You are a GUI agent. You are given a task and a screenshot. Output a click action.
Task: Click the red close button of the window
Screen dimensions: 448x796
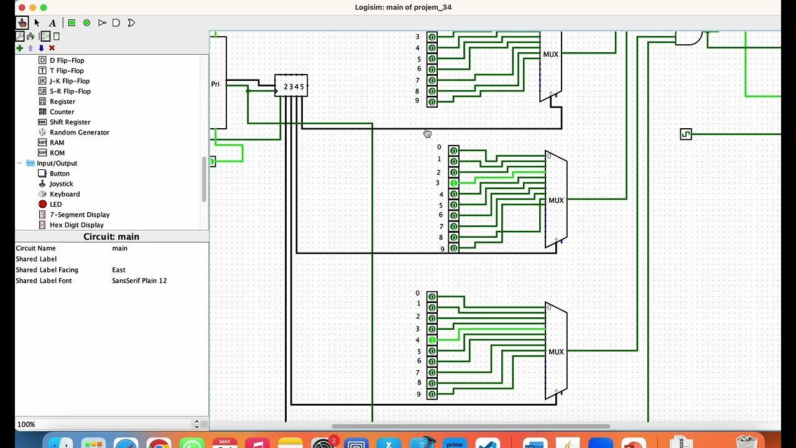pos(21,7)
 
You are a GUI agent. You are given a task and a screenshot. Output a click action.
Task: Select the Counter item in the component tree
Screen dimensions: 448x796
pos(62,112)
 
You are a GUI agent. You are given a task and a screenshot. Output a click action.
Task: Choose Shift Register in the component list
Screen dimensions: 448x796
pos(70,122)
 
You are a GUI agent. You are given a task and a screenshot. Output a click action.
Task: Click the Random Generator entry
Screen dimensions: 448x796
pos(79,133)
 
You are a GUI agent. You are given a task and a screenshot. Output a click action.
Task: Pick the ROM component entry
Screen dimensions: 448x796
pos(57,153)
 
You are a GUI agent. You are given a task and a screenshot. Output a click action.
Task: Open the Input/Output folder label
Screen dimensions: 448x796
pos(57,163)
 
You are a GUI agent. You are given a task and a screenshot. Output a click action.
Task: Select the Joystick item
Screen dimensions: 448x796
pos(61,184)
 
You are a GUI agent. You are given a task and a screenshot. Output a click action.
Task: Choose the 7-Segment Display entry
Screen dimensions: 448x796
pos(80,215)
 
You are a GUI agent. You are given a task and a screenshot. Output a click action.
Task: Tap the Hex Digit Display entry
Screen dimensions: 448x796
pos(76,225)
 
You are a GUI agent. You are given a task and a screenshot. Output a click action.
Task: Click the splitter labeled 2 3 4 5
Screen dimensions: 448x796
pos(292,86)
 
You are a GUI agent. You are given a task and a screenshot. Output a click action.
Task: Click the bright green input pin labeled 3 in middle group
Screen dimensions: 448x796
pos(454,183)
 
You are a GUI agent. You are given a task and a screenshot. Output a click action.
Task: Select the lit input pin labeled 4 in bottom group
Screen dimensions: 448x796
pos(432,340)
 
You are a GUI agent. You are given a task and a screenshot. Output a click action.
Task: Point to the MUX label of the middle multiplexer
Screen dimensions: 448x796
pos(556,200)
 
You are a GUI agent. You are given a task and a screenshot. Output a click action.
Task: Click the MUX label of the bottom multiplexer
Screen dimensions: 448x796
pos(556,352)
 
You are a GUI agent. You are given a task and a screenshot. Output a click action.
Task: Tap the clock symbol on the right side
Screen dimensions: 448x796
pos(686,134)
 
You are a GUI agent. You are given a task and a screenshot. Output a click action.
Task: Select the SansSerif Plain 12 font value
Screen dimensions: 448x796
pos(139,281)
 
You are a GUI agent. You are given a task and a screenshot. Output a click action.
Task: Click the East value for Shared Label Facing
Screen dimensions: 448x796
pos(119,270)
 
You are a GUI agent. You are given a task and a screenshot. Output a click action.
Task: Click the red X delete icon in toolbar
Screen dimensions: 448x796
pos(52,48)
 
